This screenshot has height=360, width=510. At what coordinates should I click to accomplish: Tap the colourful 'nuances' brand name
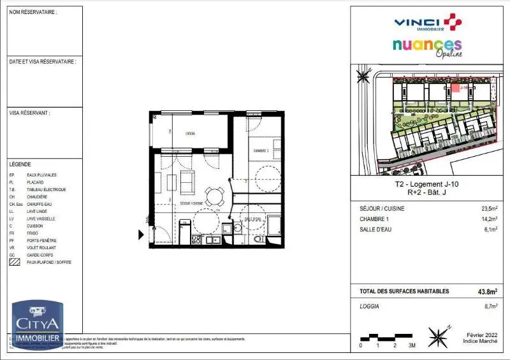pos(426,46)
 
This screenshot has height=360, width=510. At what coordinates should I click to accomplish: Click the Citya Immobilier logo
pos(36,325)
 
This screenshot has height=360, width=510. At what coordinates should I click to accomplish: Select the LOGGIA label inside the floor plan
pos(190,133)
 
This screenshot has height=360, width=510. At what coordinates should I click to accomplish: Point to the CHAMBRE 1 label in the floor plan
pos(261,150)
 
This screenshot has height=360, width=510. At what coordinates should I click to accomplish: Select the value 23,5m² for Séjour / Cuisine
pos(489,208)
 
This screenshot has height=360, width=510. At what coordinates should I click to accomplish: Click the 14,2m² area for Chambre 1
pos(489,219)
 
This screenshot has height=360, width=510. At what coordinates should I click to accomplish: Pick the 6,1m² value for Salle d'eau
pos(490,229)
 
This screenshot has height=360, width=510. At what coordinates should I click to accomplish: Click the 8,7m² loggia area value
pos(490,306)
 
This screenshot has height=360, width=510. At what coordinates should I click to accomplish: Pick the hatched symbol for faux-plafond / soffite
pos(14,262)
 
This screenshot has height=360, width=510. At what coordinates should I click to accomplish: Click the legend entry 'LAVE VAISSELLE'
pos(41,219)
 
